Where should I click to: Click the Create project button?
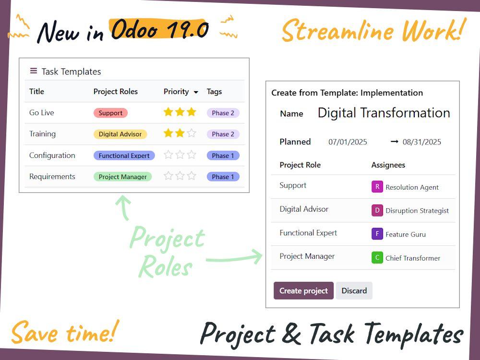[x=303, y=291]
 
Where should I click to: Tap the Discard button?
[x=354, y=291]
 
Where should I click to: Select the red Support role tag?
[x=110, y=113]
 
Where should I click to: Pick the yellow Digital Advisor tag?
[x=120, y=134]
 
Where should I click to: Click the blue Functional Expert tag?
[x=124, y=156]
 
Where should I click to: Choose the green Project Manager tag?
[x=122, y=177]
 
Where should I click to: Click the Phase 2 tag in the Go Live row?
[x=223, y=113]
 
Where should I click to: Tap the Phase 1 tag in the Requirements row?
[x=223, y=177]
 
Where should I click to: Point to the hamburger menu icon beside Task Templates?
[x=34, y=71]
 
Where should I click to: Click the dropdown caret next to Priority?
[x=196, y=92]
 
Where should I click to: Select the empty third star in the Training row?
[x=192, y=133]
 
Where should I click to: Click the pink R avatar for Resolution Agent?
[x=377, y=187]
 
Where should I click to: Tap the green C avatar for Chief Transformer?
[x=377, y=258]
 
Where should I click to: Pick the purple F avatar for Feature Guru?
[x=377, y=234]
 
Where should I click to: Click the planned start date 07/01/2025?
[x=348, y=142]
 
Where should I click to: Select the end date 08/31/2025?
[x=422, y=142]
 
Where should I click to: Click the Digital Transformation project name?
[x=384, y=113]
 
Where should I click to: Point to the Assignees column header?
[x=388, y=165]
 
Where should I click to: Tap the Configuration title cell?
[x=52, y=156]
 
